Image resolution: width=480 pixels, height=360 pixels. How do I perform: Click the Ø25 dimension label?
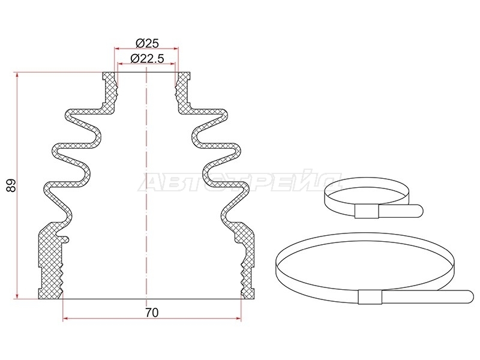[x=147, y=43]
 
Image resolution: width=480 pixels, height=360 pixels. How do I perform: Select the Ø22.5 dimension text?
[x=147, y=58]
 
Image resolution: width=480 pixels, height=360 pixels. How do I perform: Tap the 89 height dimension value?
[x=11, y=185]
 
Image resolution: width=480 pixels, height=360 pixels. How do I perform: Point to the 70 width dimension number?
[x=152, y=313]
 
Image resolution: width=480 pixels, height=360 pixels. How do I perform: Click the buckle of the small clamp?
[x=367, y=212]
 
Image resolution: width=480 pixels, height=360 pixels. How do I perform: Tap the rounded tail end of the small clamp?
[x=418, y=211]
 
